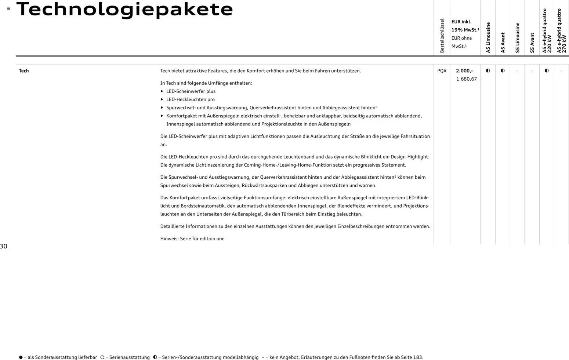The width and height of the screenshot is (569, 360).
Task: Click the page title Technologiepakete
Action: tap(124, 9)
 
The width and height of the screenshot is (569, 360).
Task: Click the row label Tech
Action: tap(24, 71)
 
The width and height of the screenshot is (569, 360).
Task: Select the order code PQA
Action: tap(442, 71)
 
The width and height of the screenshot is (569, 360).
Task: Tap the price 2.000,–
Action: tap(465, 71)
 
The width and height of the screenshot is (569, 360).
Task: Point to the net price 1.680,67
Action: tap(466, 79)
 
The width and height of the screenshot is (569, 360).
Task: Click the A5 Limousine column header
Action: tap(488, 38)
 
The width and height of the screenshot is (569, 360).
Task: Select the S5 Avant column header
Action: tap(532, 43)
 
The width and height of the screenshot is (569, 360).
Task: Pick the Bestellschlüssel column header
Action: tap(442, 36)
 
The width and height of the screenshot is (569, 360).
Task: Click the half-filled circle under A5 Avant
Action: tap(503, 71)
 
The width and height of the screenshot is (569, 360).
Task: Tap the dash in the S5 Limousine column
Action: tap(517, 71)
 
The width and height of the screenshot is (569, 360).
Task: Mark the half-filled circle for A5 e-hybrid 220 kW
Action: tap(547, 71)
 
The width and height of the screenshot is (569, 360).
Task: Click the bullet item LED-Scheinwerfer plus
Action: tap(191, 91)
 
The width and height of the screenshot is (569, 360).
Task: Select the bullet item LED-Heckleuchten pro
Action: tap(191, 99)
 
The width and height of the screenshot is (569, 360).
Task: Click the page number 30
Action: tap(4, 246)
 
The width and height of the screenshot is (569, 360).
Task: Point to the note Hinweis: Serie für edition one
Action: tap(192, 239)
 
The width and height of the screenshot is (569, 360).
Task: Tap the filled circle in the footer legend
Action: tap(21, 357)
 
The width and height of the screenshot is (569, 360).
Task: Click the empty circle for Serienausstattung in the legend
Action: tap(102, 357)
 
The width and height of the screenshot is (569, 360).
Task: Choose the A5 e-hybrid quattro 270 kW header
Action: tap(561, 31)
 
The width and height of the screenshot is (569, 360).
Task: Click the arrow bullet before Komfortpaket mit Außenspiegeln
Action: tap(162, 116)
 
